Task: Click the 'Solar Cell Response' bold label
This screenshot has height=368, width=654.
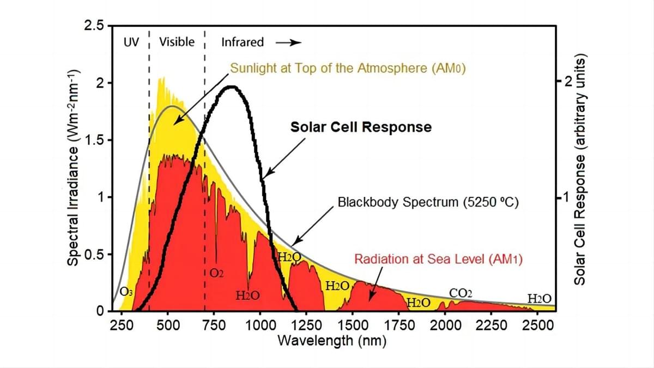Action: coord(361,127)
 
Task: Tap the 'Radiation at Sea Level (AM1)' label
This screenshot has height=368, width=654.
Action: coord(438,259)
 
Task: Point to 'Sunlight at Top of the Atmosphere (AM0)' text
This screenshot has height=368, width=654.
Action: coord(347,69)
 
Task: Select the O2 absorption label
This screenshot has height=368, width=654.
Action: coord(216,272)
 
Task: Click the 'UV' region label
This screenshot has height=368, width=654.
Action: coord(131,42)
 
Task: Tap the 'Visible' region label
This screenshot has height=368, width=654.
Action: coord(177,42)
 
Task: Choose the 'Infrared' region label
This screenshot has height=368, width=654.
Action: coord(243,42)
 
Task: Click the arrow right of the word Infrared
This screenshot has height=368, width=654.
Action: coord(288,43)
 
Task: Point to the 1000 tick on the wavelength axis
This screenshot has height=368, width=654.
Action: coord(260,325)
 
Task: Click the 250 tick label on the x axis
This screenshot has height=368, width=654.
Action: coord(122,325)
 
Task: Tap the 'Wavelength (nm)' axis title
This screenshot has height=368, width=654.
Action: coord(332,341)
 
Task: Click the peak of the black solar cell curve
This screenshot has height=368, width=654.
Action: coord(232,87)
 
